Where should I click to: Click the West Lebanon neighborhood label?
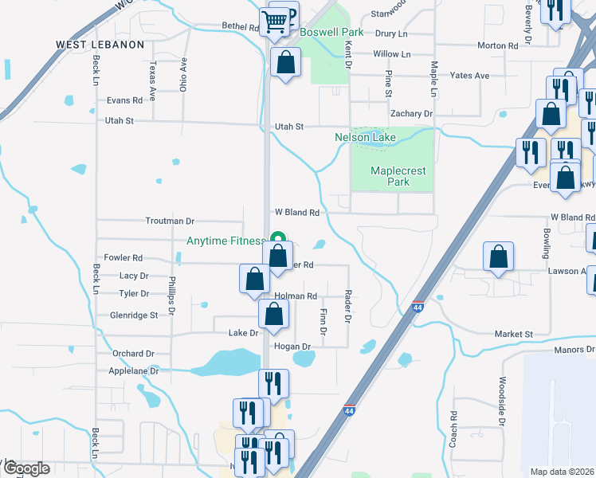(100, 45)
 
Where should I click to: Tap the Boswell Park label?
(331, 33)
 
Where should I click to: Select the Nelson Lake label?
(364, 138)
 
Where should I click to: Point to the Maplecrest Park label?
(398, 176)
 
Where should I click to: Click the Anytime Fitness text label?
(226, 241)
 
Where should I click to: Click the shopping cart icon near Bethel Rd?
(275, 22)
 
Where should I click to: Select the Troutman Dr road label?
(170, 220)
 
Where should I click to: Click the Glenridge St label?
(133, 315)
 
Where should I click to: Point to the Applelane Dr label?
(133, 370)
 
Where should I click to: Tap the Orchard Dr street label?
(133, 353)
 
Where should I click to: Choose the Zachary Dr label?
(411, 114)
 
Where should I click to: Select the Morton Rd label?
(497, 45)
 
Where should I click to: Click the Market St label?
(512, 334)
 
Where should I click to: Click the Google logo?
(26, 468)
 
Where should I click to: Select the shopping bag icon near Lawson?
(498, 257)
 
